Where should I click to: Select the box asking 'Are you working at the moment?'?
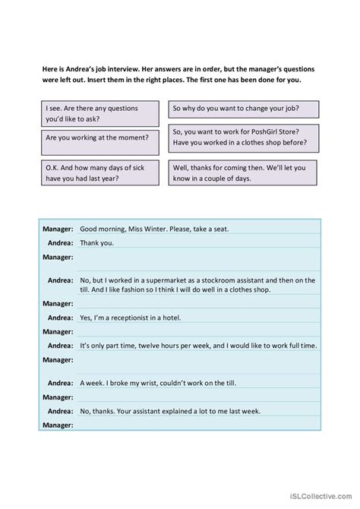point(96,138)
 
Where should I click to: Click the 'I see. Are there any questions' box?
point(96,113)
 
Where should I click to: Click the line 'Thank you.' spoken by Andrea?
point(96,243)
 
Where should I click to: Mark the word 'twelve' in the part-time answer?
point(166,346)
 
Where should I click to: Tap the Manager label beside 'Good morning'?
point(57,229)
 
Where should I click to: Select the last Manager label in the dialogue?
point(57,425)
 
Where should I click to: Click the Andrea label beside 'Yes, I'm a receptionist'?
point(60,317)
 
